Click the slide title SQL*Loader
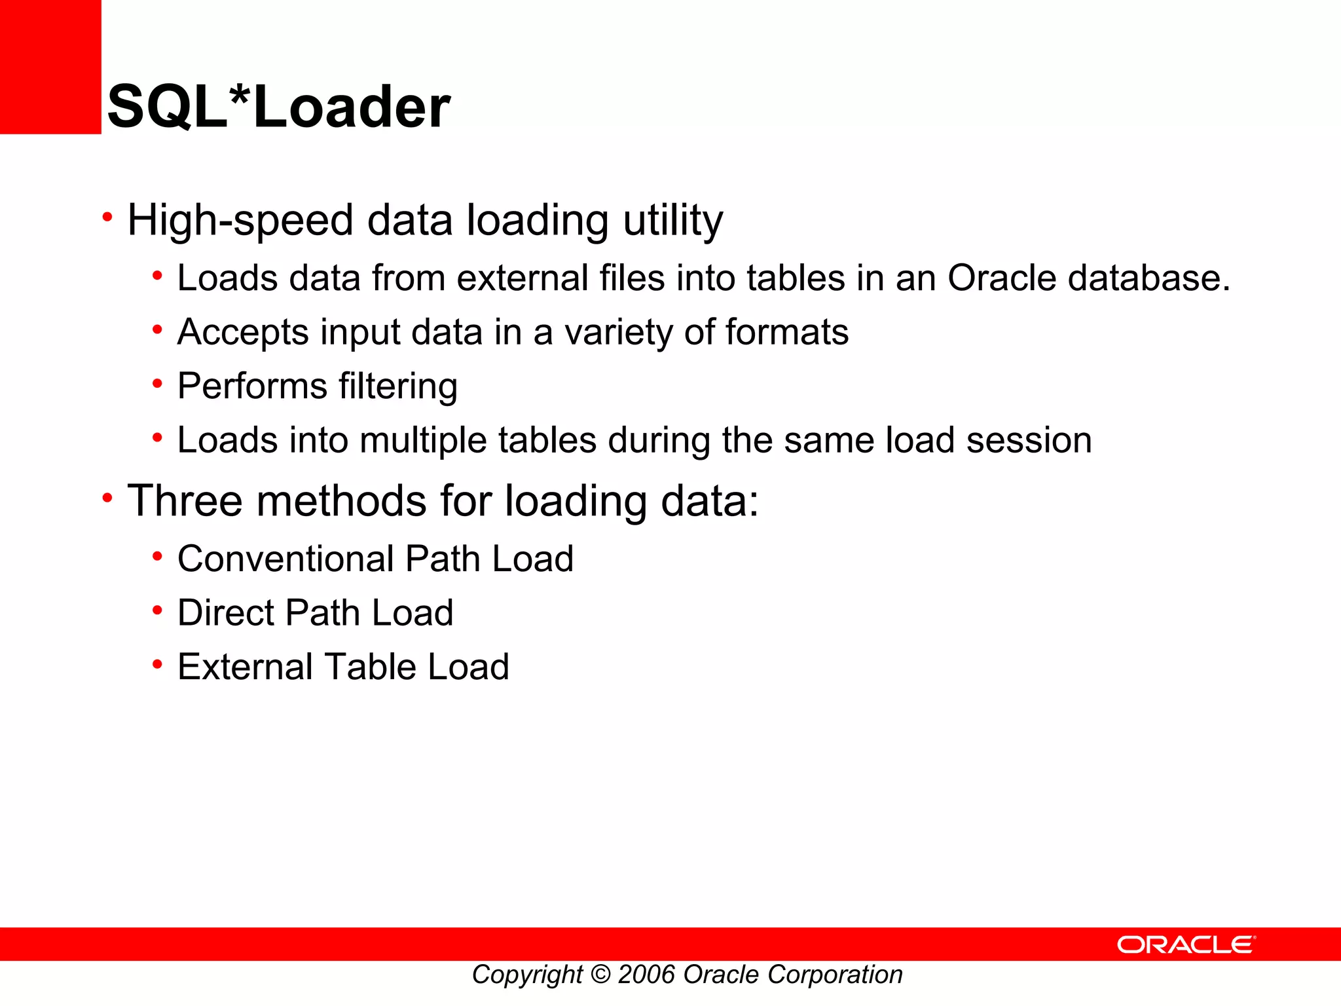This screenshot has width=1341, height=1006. (x=278, y=107)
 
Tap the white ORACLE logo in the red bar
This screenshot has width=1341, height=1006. (x=1186, y=944)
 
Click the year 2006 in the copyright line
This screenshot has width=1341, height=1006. (x=646, y=975)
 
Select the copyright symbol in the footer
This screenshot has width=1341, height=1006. (x=600, y=975)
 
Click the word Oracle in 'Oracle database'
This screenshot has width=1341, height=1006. (x=1001, y=278)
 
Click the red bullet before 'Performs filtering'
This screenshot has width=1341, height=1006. (x=157, y=384)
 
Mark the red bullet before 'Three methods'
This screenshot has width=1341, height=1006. (x=107, y=498)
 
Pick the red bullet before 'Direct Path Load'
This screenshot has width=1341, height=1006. (x=157, y=610)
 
